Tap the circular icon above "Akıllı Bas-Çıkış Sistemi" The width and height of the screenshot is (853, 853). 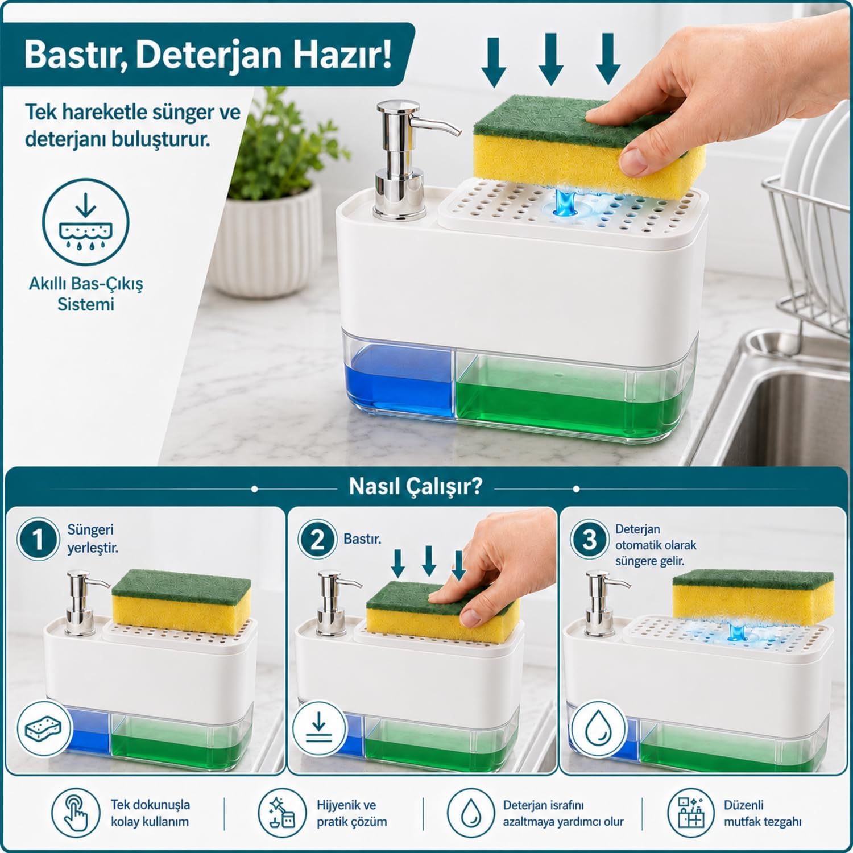pyautogui.click(x=86, y=222)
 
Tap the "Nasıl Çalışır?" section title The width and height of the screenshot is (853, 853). pyautogui.click(x=415, y=487)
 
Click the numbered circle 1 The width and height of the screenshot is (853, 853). pyautogui.click(x=38, y=539)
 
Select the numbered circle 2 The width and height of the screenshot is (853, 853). pyautogui.click(x=317, y=539)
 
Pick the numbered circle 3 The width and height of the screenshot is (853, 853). pyautogui.click(x=589, y=539)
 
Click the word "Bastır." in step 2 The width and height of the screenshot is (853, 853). pyautogui.click(x=362, y=539)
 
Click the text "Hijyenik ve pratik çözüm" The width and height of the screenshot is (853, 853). pyautogui.click(x=352, y=813)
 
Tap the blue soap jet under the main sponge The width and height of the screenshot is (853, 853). pyautogui.click(x=565, y=202)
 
